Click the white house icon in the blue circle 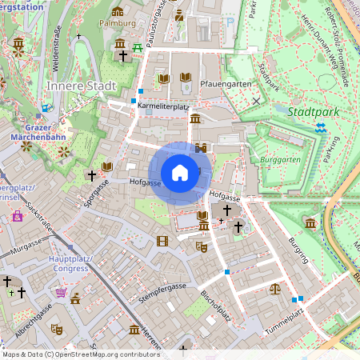click(180, 172)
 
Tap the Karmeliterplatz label click(163, 105)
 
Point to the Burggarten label click(278, 159)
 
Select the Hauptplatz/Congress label click(70, 264)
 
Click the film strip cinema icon click(163, 241)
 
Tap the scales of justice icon click(276, 288)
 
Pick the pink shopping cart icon click(60, 293)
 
